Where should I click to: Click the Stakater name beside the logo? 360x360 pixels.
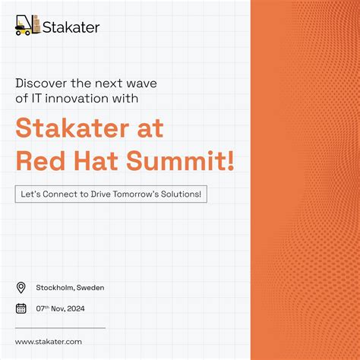[71, 27]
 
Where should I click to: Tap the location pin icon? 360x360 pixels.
[21, 287]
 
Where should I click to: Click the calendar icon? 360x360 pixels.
[21, 308]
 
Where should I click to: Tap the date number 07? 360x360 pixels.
[41, 308]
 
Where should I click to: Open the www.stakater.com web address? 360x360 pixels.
[48, 342]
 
